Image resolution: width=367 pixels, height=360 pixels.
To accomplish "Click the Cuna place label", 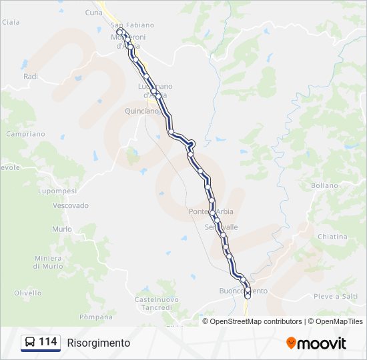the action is point(94,12).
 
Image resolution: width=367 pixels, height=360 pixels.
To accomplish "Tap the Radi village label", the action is point(31,77).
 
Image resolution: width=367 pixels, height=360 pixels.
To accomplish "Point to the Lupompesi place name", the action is point(58,191).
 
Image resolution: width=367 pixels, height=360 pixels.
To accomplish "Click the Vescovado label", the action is point(71,205).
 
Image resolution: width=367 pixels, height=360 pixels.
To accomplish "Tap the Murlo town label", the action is point(61,229).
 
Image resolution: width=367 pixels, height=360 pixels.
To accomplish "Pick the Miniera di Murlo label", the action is point(48,262).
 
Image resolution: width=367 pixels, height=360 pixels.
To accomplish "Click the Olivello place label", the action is point(28,293).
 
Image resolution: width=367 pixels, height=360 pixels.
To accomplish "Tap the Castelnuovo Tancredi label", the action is point(157,303).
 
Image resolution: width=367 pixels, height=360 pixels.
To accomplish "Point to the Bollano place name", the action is point(324,185).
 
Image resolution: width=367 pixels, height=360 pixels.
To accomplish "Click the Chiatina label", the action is point(332,236).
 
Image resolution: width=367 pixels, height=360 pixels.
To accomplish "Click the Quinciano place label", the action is point(141,111).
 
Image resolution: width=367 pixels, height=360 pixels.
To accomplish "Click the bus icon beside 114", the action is point(30,343).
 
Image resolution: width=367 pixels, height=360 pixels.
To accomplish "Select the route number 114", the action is point(48,342).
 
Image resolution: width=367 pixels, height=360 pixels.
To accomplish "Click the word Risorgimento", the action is point(99,343).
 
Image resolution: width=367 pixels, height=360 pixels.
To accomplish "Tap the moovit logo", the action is point(316,343).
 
